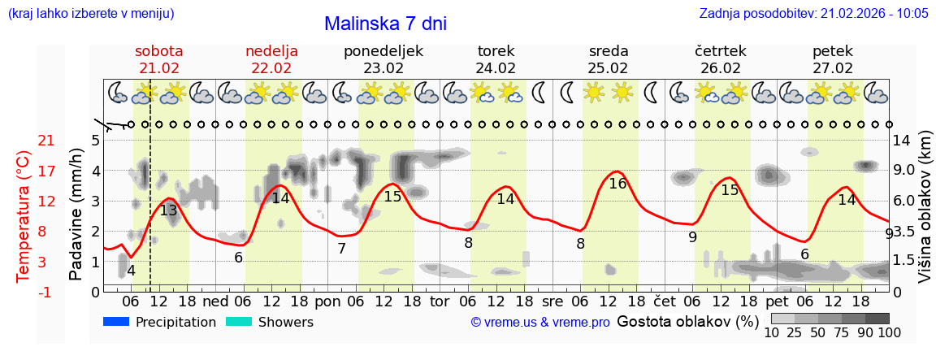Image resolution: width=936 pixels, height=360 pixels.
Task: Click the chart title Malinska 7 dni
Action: (x=385, y=24)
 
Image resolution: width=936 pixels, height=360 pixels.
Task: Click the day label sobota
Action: (x=158, y=51)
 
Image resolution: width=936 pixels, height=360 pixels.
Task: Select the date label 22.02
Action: (x=271, y=68)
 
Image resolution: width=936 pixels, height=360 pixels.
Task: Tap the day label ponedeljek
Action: (x=383, y=51)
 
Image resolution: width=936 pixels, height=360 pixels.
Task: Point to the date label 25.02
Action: (x=609, y=68)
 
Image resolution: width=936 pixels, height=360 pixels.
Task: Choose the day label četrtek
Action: (x=721, y=51)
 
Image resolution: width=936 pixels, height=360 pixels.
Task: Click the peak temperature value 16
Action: (x=617, y=184)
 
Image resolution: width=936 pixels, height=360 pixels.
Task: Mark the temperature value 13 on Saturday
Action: (x=168, y=210)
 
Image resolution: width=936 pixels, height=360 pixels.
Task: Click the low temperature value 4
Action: (x=131, y=271)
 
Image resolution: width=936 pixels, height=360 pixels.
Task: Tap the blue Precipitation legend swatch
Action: (x=116, y=322)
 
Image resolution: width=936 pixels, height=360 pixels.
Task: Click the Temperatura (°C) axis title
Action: (x=23, y=216)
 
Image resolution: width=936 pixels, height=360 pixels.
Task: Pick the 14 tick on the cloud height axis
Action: (x=902, y=141)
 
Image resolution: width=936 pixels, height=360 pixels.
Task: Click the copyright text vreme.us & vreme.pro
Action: (x=540, y=323)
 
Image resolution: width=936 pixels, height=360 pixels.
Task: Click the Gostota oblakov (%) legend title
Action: (x=687, y=322)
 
